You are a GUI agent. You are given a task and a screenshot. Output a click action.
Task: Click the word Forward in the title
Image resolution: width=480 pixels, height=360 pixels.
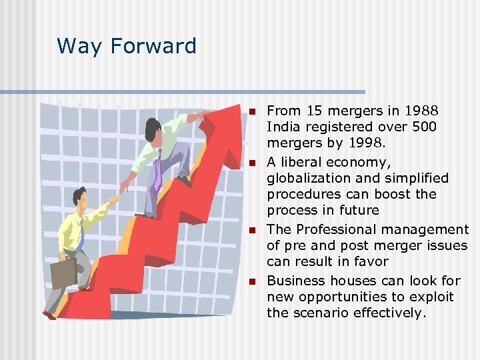click(x=153, y=46)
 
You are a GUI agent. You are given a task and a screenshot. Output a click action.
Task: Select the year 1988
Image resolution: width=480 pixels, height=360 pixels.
click(x=421, y=111)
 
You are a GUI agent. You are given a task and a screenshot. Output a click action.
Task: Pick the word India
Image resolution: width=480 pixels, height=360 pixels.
click(x=283, y=127)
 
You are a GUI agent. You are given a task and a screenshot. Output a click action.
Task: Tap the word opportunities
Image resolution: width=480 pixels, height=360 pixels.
click(x=355, y=297)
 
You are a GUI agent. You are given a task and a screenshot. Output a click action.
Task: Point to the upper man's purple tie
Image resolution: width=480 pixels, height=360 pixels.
click(x=157, y=170)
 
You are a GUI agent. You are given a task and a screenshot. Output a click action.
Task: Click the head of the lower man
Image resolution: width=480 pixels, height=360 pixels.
click(x=79, y=197)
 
